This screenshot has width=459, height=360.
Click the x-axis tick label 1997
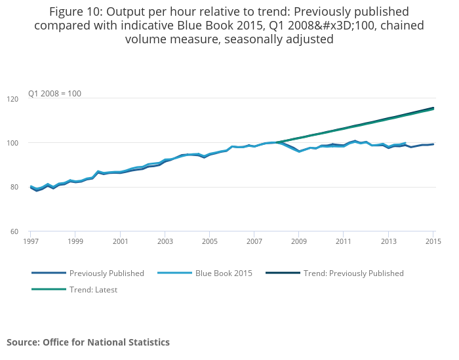30,242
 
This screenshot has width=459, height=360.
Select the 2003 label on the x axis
165,242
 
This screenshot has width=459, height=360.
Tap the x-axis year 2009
299,242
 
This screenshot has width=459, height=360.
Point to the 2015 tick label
433,242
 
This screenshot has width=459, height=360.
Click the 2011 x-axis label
344,242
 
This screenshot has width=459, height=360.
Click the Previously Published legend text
107,273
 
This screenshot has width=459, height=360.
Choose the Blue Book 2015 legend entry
224,273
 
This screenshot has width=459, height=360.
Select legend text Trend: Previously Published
353,273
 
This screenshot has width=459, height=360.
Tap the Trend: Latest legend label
93,289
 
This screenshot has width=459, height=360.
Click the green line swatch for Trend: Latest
49,289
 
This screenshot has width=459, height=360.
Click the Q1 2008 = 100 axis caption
54,94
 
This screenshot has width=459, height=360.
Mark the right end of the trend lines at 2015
433,108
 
